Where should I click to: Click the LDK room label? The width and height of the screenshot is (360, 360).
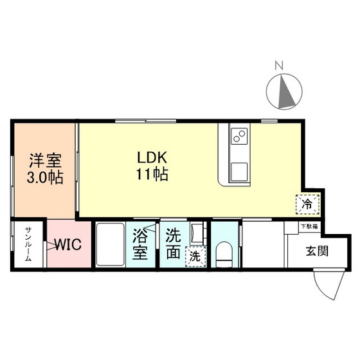pos(152,156)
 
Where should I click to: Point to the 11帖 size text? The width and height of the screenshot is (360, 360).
pos(152,174)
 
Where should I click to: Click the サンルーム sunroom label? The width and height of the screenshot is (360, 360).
pos(28,245)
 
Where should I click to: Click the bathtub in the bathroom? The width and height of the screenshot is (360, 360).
pos(111,245)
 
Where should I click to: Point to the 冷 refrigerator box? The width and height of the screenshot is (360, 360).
pos(307,205)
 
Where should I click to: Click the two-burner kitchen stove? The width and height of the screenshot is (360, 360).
pos(239,136)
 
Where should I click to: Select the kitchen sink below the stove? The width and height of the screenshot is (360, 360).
pos(239,172)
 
